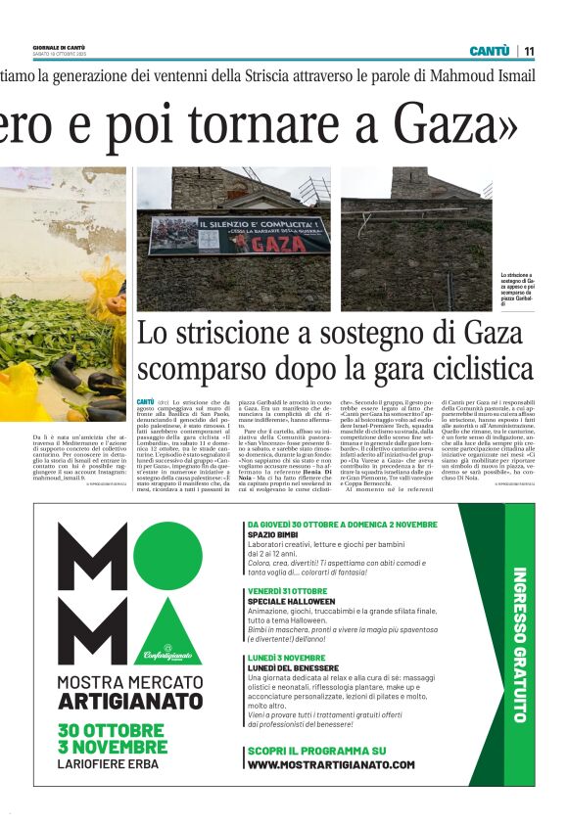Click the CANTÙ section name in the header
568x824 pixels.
pos(490,51)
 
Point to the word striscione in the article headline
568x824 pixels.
pos(235,333)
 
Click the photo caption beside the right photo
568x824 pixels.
pos(516,290)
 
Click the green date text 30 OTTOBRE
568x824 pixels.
pos(111,730)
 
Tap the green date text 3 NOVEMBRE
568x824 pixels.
pos(110,748)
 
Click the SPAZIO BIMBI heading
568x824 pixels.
pos(273,535)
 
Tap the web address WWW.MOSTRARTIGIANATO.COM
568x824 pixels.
pos(330,764)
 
